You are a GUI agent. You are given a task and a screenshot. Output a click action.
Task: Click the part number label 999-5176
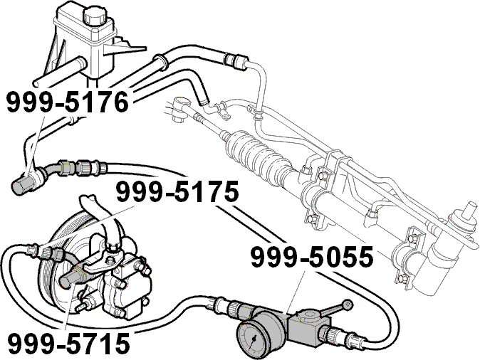[68, 102]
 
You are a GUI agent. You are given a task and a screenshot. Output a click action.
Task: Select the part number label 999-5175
[177, 191]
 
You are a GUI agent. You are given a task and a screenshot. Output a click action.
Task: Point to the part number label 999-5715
[69, 343]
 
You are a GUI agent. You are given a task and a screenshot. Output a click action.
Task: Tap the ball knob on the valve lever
[347, 305]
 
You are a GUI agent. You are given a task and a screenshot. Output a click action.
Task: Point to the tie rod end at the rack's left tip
[181, 109]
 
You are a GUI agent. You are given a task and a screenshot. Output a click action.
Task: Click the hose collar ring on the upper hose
[161, 60]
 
